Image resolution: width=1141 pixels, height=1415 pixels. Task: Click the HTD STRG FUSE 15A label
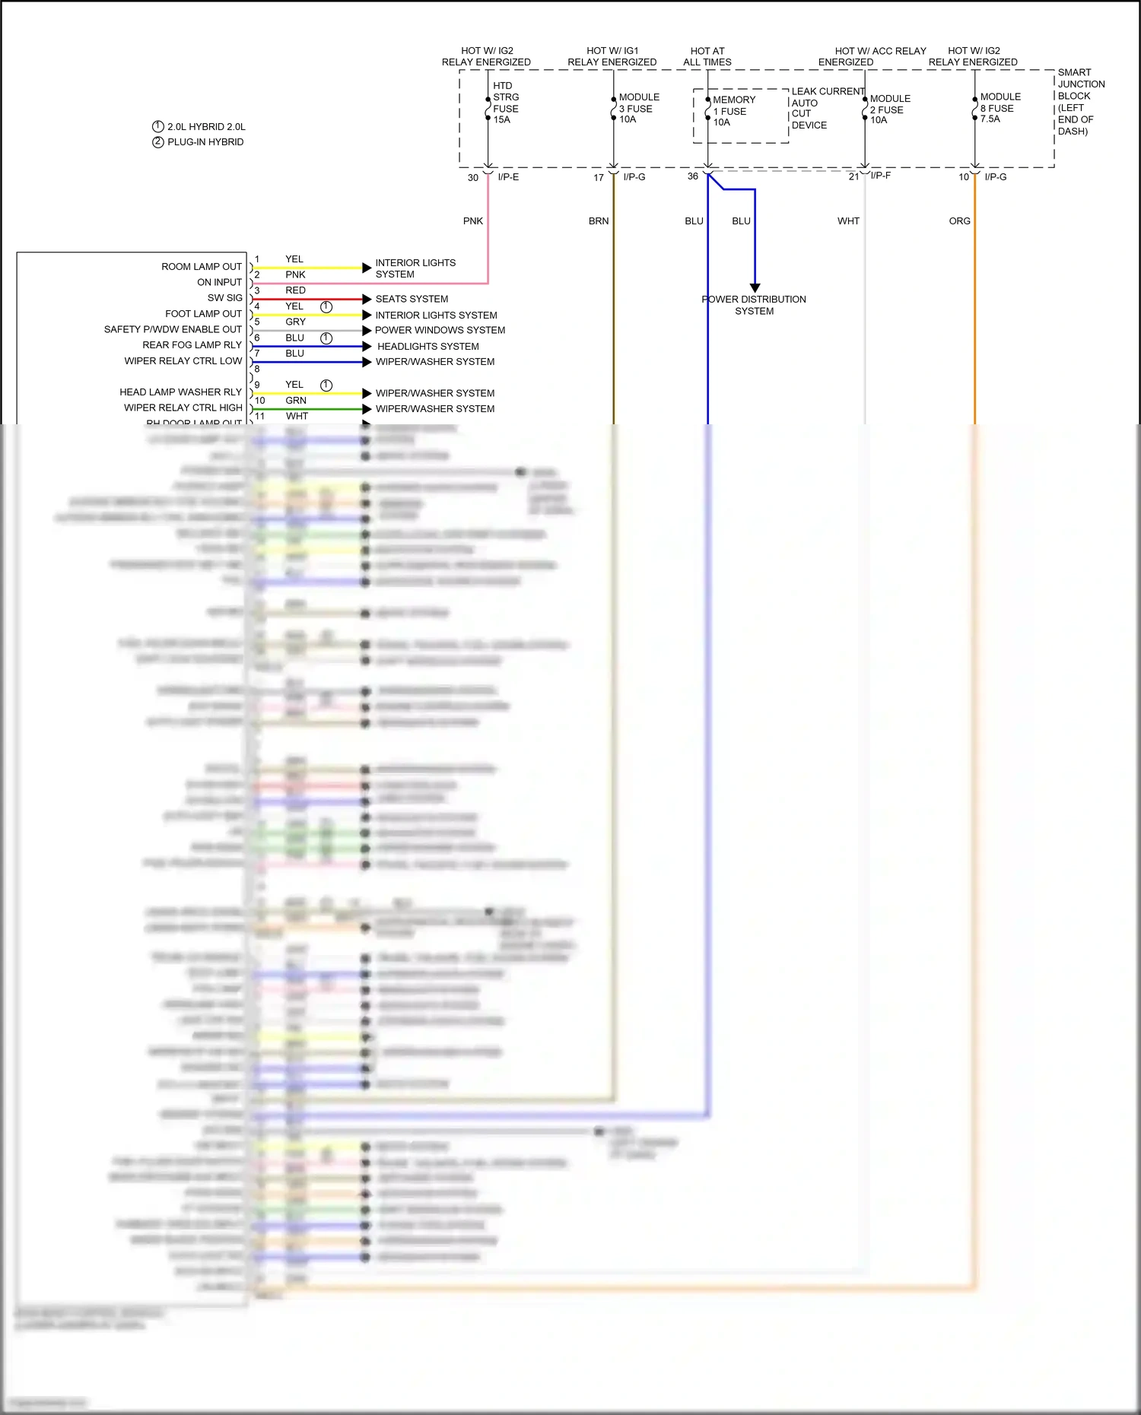coord(505,103)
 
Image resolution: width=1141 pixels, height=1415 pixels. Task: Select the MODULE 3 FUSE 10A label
coord(638,108)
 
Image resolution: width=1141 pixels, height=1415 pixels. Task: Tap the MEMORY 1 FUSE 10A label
coord(733,111)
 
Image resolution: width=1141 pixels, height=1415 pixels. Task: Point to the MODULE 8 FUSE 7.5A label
coord(1000,108)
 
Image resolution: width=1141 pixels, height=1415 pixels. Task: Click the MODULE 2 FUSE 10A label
coord(889,109)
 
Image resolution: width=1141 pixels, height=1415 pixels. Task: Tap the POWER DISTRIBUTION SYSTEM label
coord(754,305)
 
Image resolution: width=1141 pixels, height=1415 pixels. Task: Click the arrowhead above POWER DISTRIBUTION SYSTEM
coord(755,287)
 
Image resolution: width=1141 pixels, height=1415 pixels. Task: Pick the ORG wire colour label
coord(959,221)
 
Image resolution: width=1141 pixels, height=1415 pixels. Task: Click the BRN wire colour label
coord(599,221)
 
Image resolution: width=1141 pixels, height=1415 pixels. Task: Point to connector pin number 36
coord(692,176)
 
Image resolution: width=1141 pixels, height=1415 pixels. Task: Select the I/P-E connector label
coord(508,177)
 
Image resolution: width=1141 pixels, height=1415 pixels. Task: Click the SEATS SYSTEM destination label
coord(412,299)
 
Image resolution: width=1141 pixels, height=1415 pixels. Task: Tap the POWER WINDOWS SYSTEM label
coord(440,330)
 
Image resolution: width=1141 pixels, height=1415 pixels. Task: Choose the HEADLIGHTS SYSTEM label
coord(427,346)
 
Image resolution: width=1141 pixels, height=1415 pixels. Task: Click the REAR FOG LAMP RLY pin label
coord(192,345)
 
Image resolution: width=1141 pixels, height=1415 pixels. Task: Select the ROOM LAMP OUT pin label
coord(201,267)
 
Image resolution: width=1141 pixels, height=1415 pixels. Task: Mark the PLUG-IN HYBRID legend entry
coord(205,142)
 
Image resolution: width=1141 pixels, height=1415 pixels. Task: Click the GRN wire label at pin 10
coord(296,401)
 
